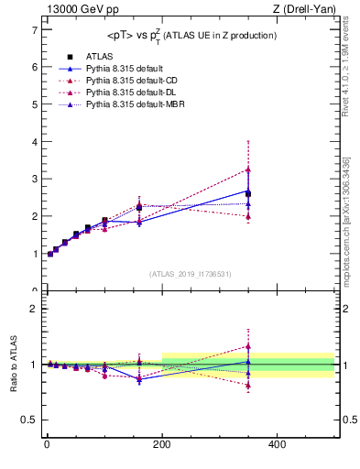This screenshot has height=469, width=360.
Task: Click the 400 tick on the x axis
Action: (x=278, y=444)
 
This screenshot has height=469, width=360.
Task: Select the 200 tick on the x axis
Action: (x=162, y=444)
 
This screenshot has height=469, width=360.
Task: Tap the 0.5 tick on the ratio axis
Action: (x=29, y=420)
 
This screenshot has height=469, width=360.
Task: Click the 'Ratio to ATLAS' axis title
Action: (x=14, y=364)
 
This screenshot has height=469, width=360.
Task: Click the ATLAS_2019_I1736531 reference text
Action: (x=190, y=274)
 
